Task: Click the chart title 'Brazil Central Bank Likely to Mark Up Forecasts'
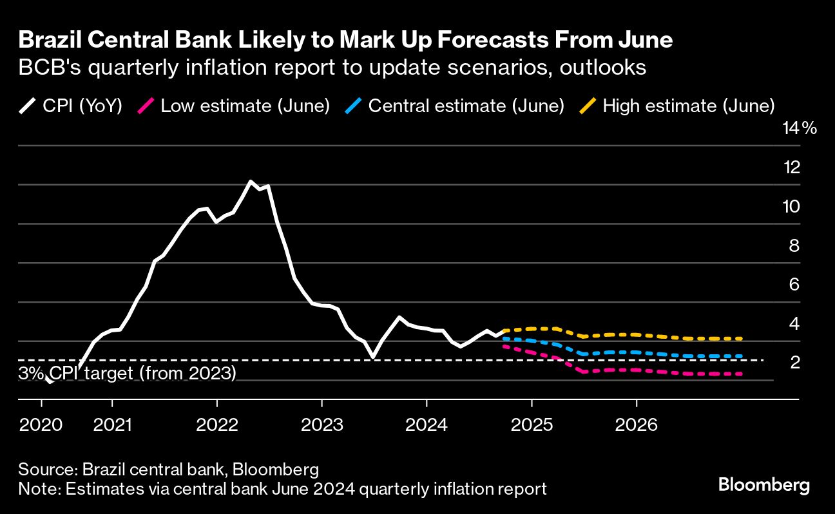point(346,41)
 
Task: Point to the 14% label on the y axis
point(799,129)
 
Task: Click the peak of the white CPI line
point(251,182)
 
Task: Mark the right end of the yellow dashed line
point(742,338)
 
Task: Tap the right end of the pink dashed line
point(742,374)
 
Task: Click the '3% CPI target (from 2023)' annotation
point(128,374)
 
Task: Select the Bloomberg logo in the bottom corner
point(764,485)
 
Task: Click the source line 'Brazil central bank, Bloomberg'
point(169,468)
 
